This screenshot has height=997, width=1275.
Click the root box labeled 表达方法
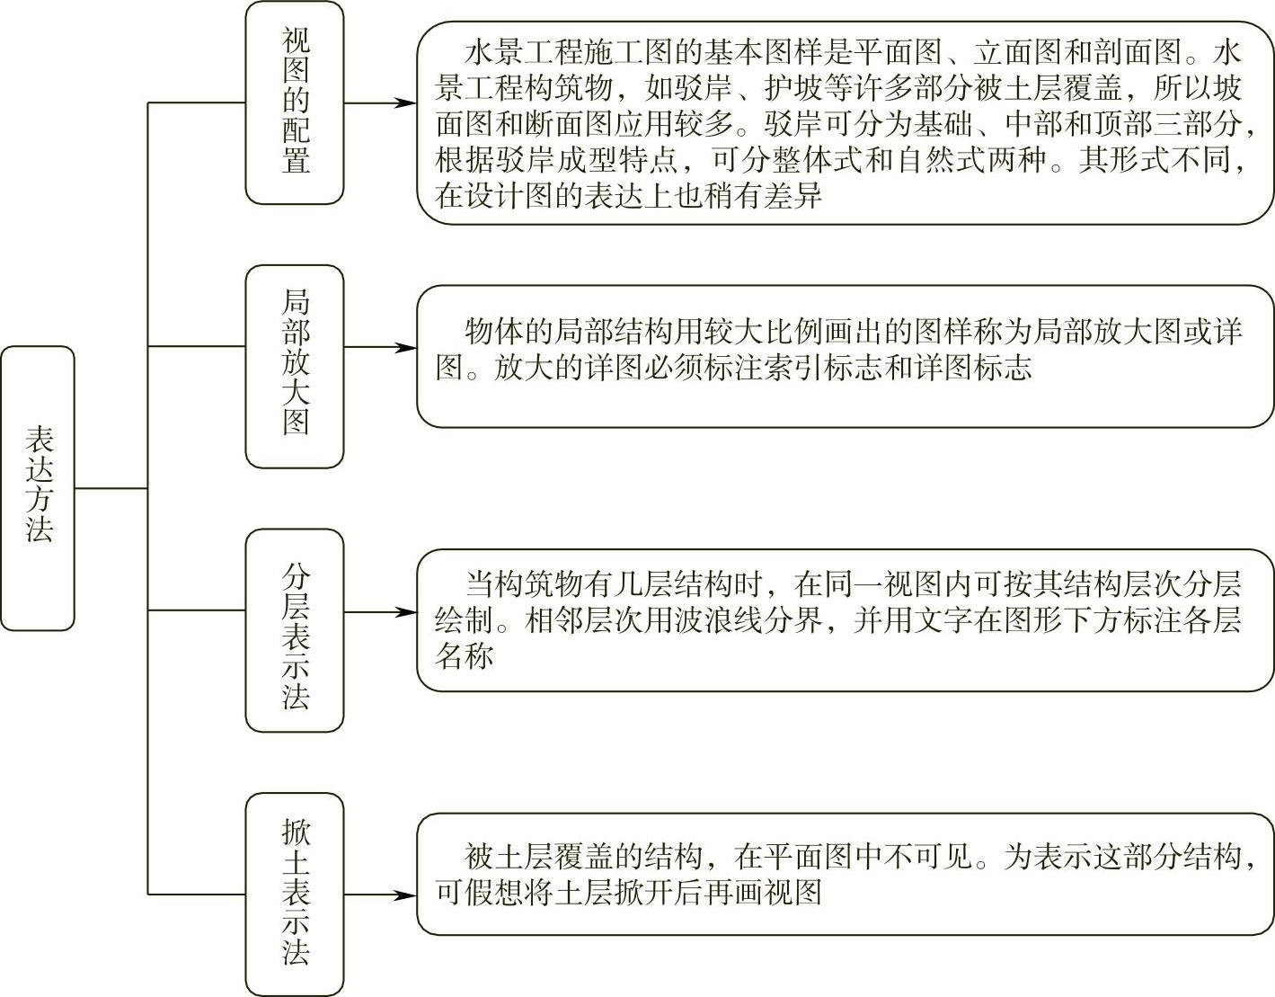click(38, 488)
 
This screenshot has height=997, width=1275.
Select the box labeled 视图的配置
click(295, 102)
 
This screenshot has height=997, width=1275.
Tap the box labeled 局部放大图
click(295, 365)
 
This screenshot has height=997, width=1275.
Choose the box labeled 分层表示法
click(295, 629)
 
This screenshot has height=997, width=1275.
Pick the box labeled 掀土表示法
click(295, 894)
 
